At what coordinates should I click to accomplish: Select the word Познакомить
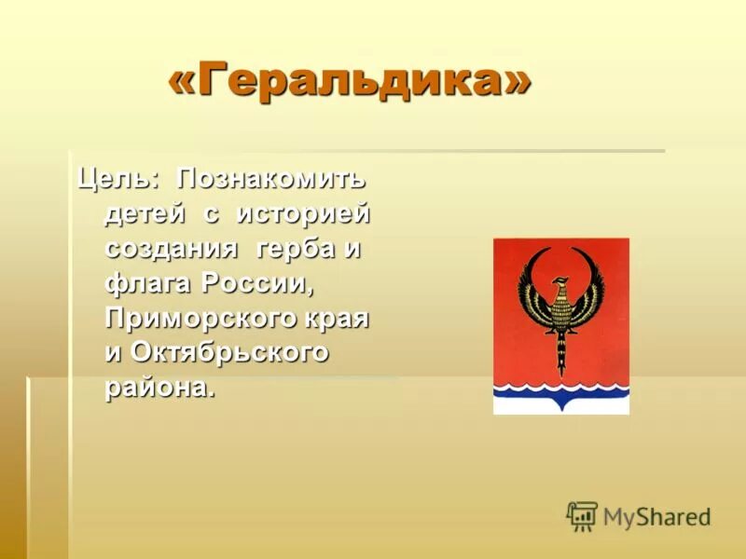[x=273, y=177]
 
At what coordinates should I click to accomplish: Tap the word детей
[x=145, y=213]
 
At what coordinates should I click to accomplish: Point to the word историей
[x=303, y=213]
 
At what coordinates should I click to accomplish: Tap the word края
[x=341, y=320]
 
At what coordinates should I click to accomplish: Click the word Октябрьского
[x=229, y=354]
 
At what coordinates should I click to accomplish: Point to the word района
[x=159, y=389]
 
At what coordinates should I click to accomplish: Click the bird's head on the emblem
[x=559, y=284]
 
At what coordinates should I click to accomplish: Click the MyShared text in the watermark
[x=656, y=516]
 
